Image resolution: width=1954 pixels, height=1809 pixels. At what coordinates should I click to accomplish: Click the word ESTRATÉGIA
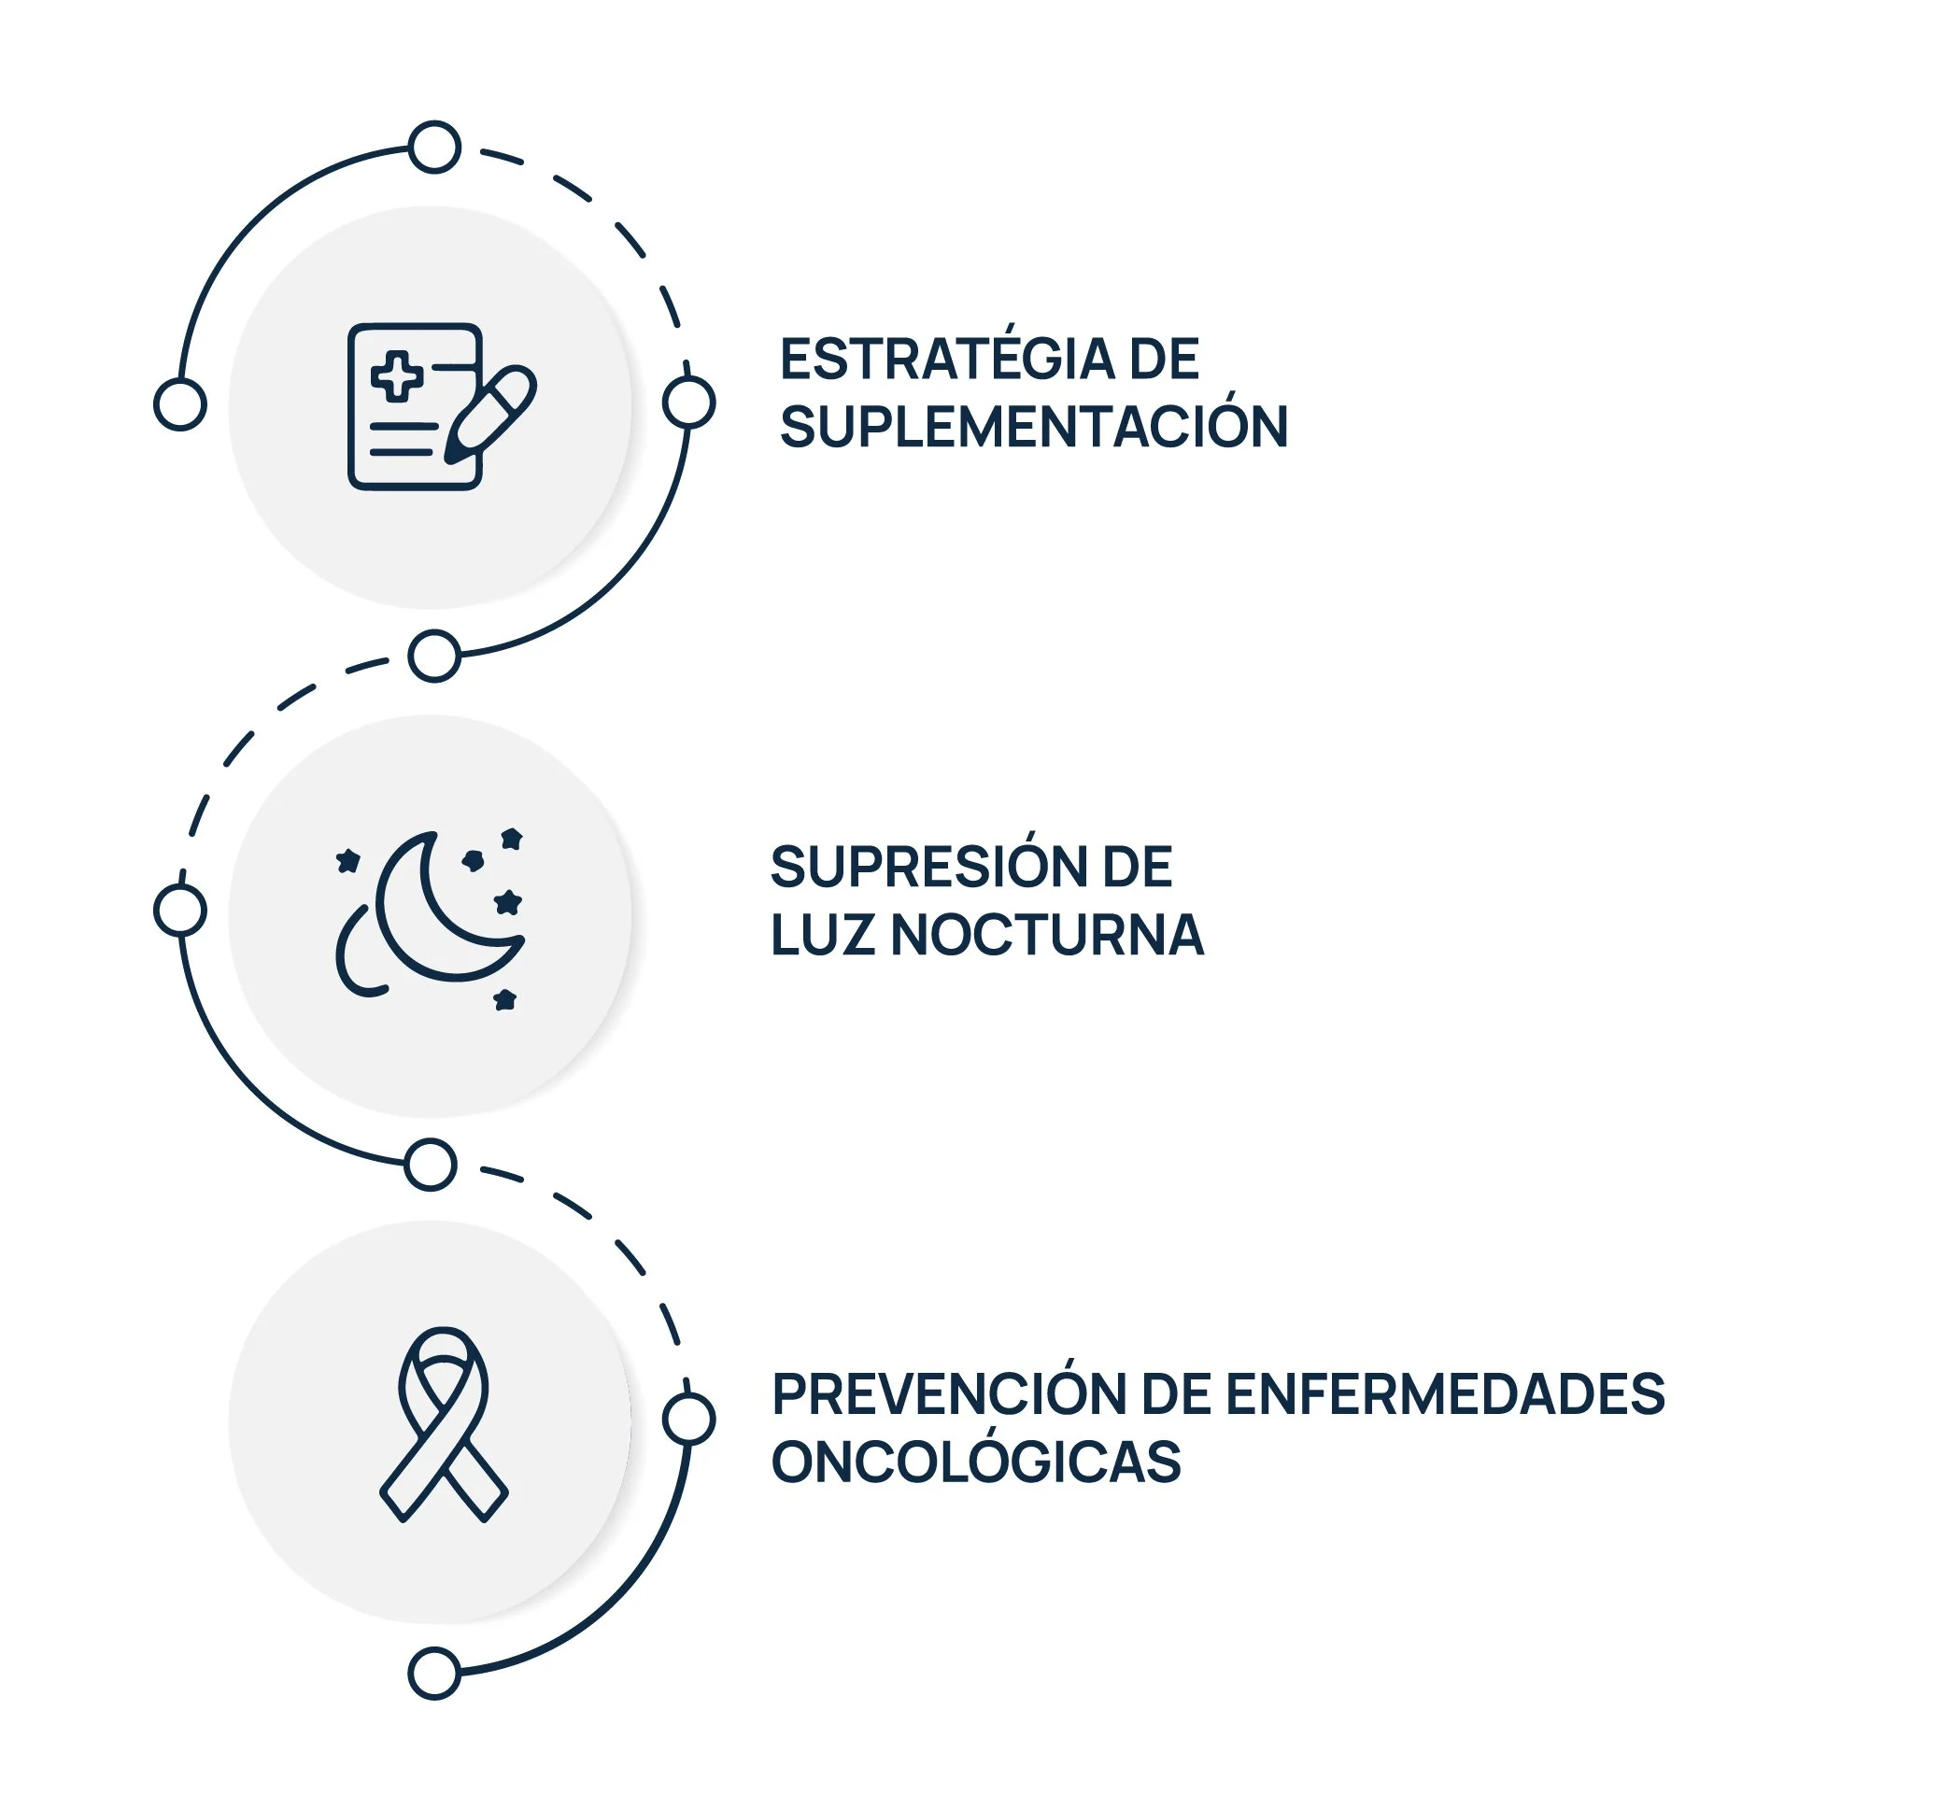tap(947, 360)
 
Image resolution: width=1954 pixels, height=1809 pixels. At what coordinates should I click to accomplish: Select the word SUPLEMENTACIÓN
tap(1033, 428)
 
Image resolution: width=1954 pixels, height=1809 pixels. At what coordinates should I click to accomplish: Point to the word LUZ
tap(821, 936)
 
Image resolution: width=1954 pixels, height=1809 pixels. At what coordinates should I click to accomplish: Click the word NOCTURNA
tap(1046, 936)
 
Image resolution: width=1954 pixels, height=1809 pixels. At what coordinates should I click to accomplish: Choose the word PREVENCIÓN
tap(948, 1395)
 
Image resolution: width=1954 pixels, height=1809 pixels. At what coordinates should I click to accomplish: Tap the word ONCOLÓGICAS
tap(975, 1463)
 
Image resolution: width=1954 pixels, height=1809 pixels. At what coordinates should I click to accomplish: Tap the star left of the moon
tap(347, 861)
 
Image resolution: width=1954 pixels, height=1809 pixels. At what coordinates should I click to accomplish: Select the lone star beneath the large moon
tap(505, 999)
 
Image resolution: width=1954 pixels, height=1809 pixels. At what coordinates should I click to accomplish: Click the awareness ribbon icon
tap(444, 1424)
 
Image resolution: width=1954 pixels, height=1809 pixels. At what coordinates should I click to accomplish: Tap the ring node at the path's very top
tap(434, 148)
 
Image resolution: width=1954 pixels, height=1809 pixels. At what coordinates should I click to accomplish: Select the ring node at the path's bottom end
tap(433, 1674)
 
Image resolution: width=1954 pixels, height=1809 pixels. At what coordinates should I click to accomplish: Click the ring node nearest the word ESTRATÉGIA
tap(688, 403)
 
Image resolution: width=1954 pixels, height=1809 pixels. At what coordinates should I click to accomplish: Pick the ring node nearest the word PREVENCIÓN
tap(688, 1420)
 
